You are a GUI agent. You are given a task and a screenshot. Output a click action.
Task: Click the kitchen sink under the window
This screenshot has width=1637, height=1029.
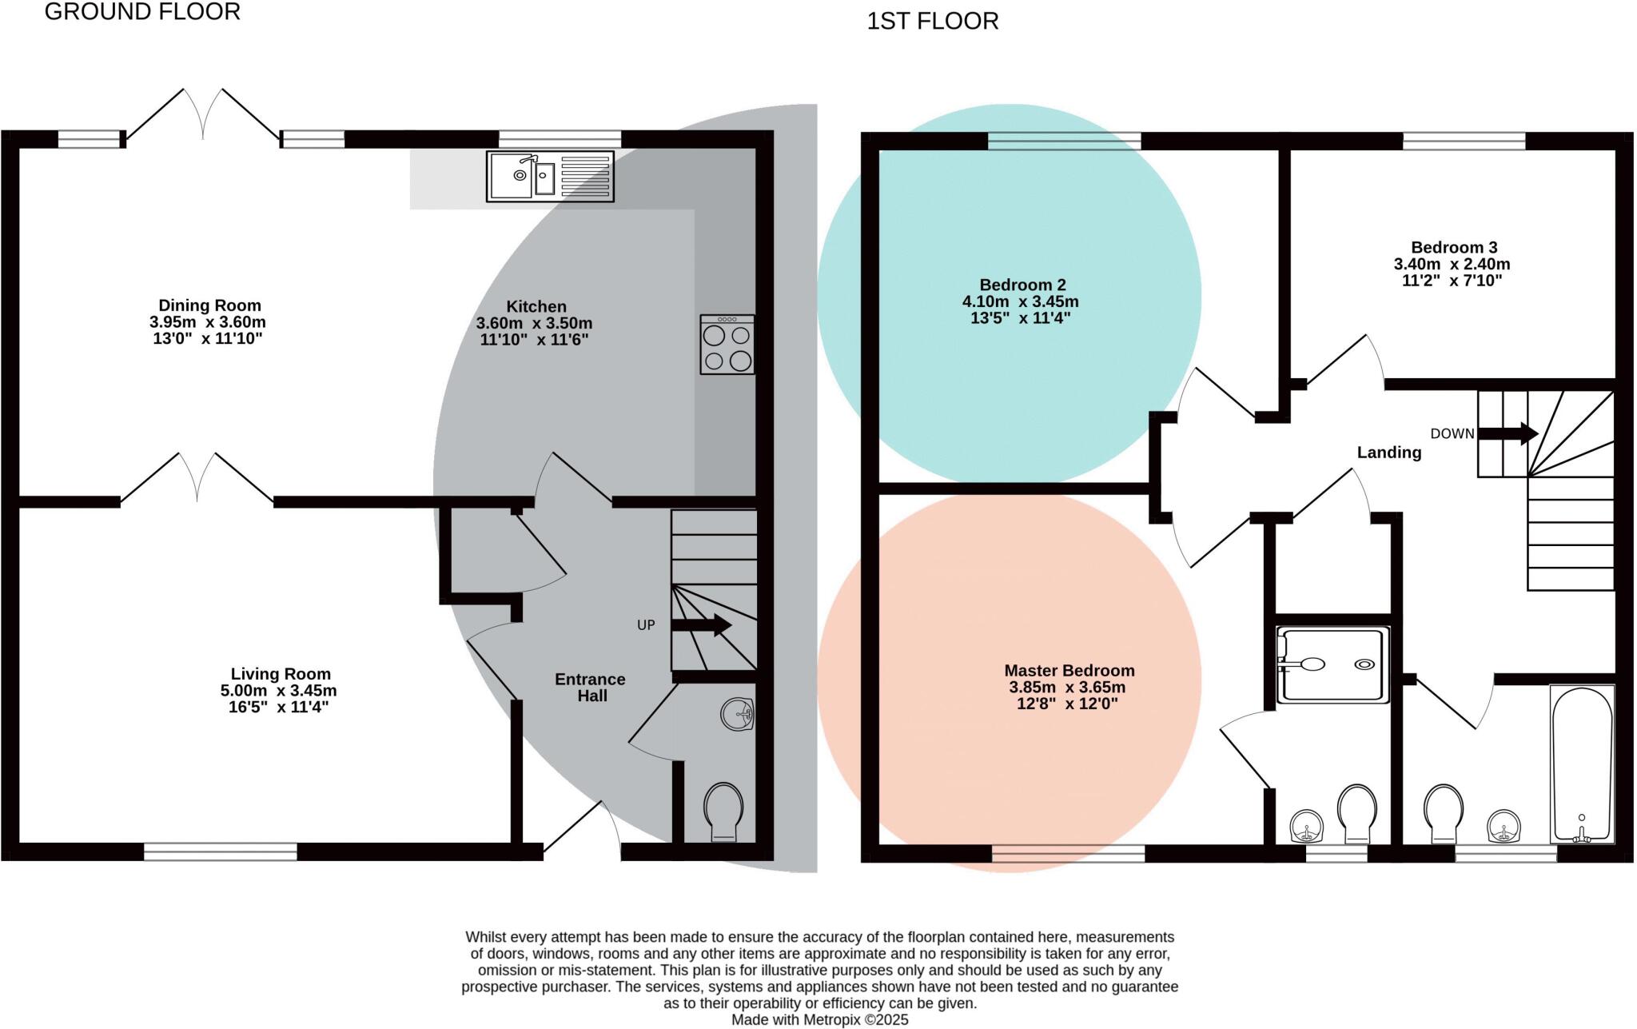point(550,176)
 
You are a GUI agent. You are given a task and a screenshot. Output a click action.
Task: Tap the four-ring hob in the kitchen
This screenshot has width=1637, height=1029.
point(727,345)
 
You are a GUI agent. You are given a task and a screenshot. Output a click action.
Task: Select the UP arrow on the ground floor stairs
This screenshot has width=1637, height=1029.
point(702,625)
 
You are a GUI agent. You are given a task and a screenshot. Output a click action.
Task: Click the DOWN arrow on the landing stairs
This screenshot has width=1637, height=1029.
point(1508,434)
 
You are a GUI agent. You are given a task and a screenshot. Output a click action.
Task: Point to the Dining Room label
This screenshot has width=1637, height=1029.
point(209,305)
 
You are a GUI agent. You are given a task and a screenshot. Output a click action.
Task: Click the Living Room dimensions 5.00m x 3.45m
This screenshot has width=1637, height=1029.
point(278,691)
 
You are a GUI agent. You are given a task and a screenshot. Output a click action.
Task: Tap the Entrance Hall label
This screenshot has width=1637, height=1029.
point(591,687)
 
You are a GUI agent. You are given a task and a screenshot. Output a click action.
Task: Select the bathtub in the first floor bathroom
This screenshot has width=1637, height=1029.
point(1582,764)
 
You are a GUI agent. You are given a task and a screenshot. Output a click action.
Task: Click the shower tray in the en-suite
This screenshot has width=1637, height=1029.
point(1332,665)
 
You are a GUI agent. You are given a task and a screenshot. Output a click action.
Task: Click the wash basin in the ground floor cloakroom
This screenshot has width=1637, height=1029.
point(737,713)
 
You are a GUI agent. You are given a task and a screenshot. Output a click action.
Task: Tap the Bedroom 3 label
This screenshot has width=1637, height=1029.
point(1454,248)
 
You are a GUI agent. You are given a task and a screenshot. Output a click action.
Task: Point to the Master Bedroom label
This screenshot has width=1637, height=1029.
point(1069,671)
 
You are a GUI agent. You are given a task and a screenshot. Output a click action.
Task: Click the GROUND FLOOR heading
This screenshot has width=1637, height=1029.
point(142,12)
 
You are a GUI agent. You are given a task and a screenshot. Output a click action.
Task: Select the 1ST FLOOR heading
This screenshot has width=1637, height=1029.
point(933,22)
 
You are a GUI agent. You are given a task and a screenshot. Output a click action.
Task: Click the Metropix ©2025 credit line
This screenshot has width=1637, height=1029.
point(819,1020)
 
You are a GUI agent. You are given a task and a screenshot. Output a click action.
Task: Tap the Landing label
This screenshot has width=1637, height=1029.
point(1388,453)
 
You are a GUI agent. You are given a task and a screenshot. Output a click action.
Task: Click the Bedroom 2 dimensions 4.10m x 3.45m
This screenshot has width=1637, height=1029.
point(1020,302)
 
